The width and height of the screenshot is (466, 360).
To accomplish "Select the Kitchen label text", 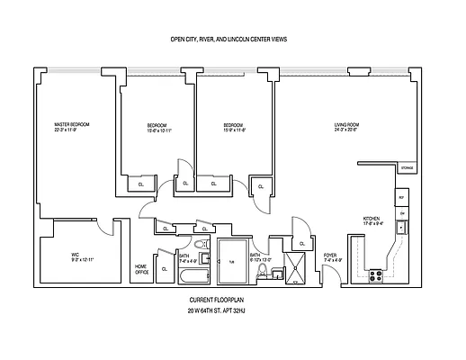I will point(371,219).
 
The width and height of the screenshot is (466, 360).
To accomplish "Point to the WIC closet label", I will point(76,255).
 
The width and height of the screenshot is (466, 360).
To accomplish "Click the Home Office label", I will point(141,268).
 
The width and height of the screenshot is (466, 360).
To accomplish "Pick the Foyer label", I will point(331,256).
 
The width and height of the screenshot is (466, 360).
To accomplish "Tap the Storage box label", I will point(407,168).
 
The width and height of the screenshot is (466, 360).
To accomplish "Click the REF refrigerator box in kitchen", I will point(401,197).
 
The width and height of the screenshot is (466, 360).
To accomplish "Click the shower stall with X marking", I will point(295,267).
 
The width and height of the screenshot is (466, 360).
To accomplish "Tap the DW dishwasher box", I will point(402,212).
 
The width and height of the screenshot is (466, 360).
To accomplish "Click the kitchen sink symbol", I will point(402,226).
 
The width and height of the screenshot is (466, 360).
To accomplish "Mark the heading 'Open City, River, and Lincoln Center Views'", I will point(230,40).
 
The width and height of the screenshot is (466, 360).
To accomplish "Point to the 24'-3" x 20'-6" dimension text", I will point(347,130).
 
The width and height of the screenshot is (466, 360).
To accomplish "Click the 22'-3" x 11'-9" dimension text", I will point(71,130).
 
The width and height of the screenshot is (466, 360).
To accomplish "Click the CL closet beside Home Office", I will point(164,268).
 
